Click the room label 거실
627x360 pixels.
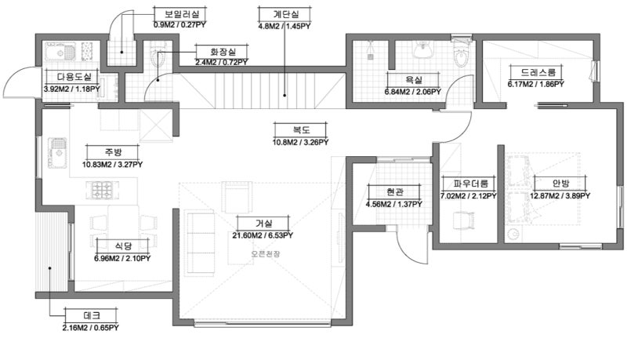[x=264, y=224]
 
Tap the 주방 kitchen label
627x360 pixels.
[x=113, y=152]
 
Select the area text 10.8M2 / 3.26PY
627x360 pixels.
[x=300, y=142]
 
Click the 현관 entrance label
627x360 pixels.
[x=393, y=192]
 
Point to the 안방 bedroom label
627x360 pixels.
[x=560, y=184]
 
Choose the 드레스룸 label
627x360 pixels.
[x=535, y=70]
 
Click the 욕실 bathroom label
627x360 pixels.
[x=412, y=79]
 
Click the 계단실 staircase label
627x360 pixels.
[x=282, y=14]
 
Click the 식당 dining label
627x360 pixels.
[x=121, y=245]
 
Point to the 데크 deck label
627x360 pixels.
[x=90, y=315]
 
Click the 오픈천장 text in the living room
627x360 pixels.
[x=264, y=253]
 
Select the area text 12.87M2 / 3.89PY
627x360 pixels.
[x=560, y=196]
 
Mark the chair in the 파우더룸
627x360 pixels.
[x=467, y=220]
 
